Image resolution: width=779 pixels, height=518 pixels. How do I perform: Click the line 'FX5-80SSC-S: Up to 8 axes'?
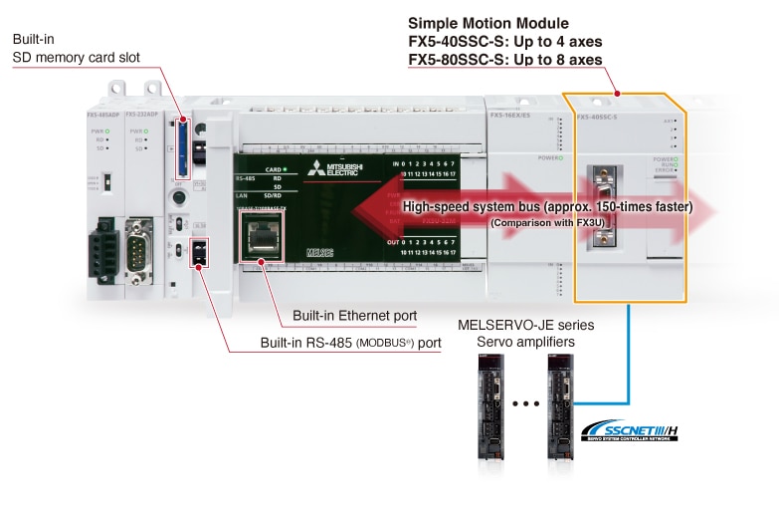pyautogui.click(x=505, y=61)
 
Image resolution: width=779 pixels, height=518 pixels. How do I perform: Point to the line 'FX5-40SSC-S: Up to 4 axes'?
pyautogui.click(x=505, y=42)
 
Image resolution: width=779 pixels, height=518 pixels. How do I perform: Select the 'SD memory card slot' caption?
pyautogui.click(x=76, y=58)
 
